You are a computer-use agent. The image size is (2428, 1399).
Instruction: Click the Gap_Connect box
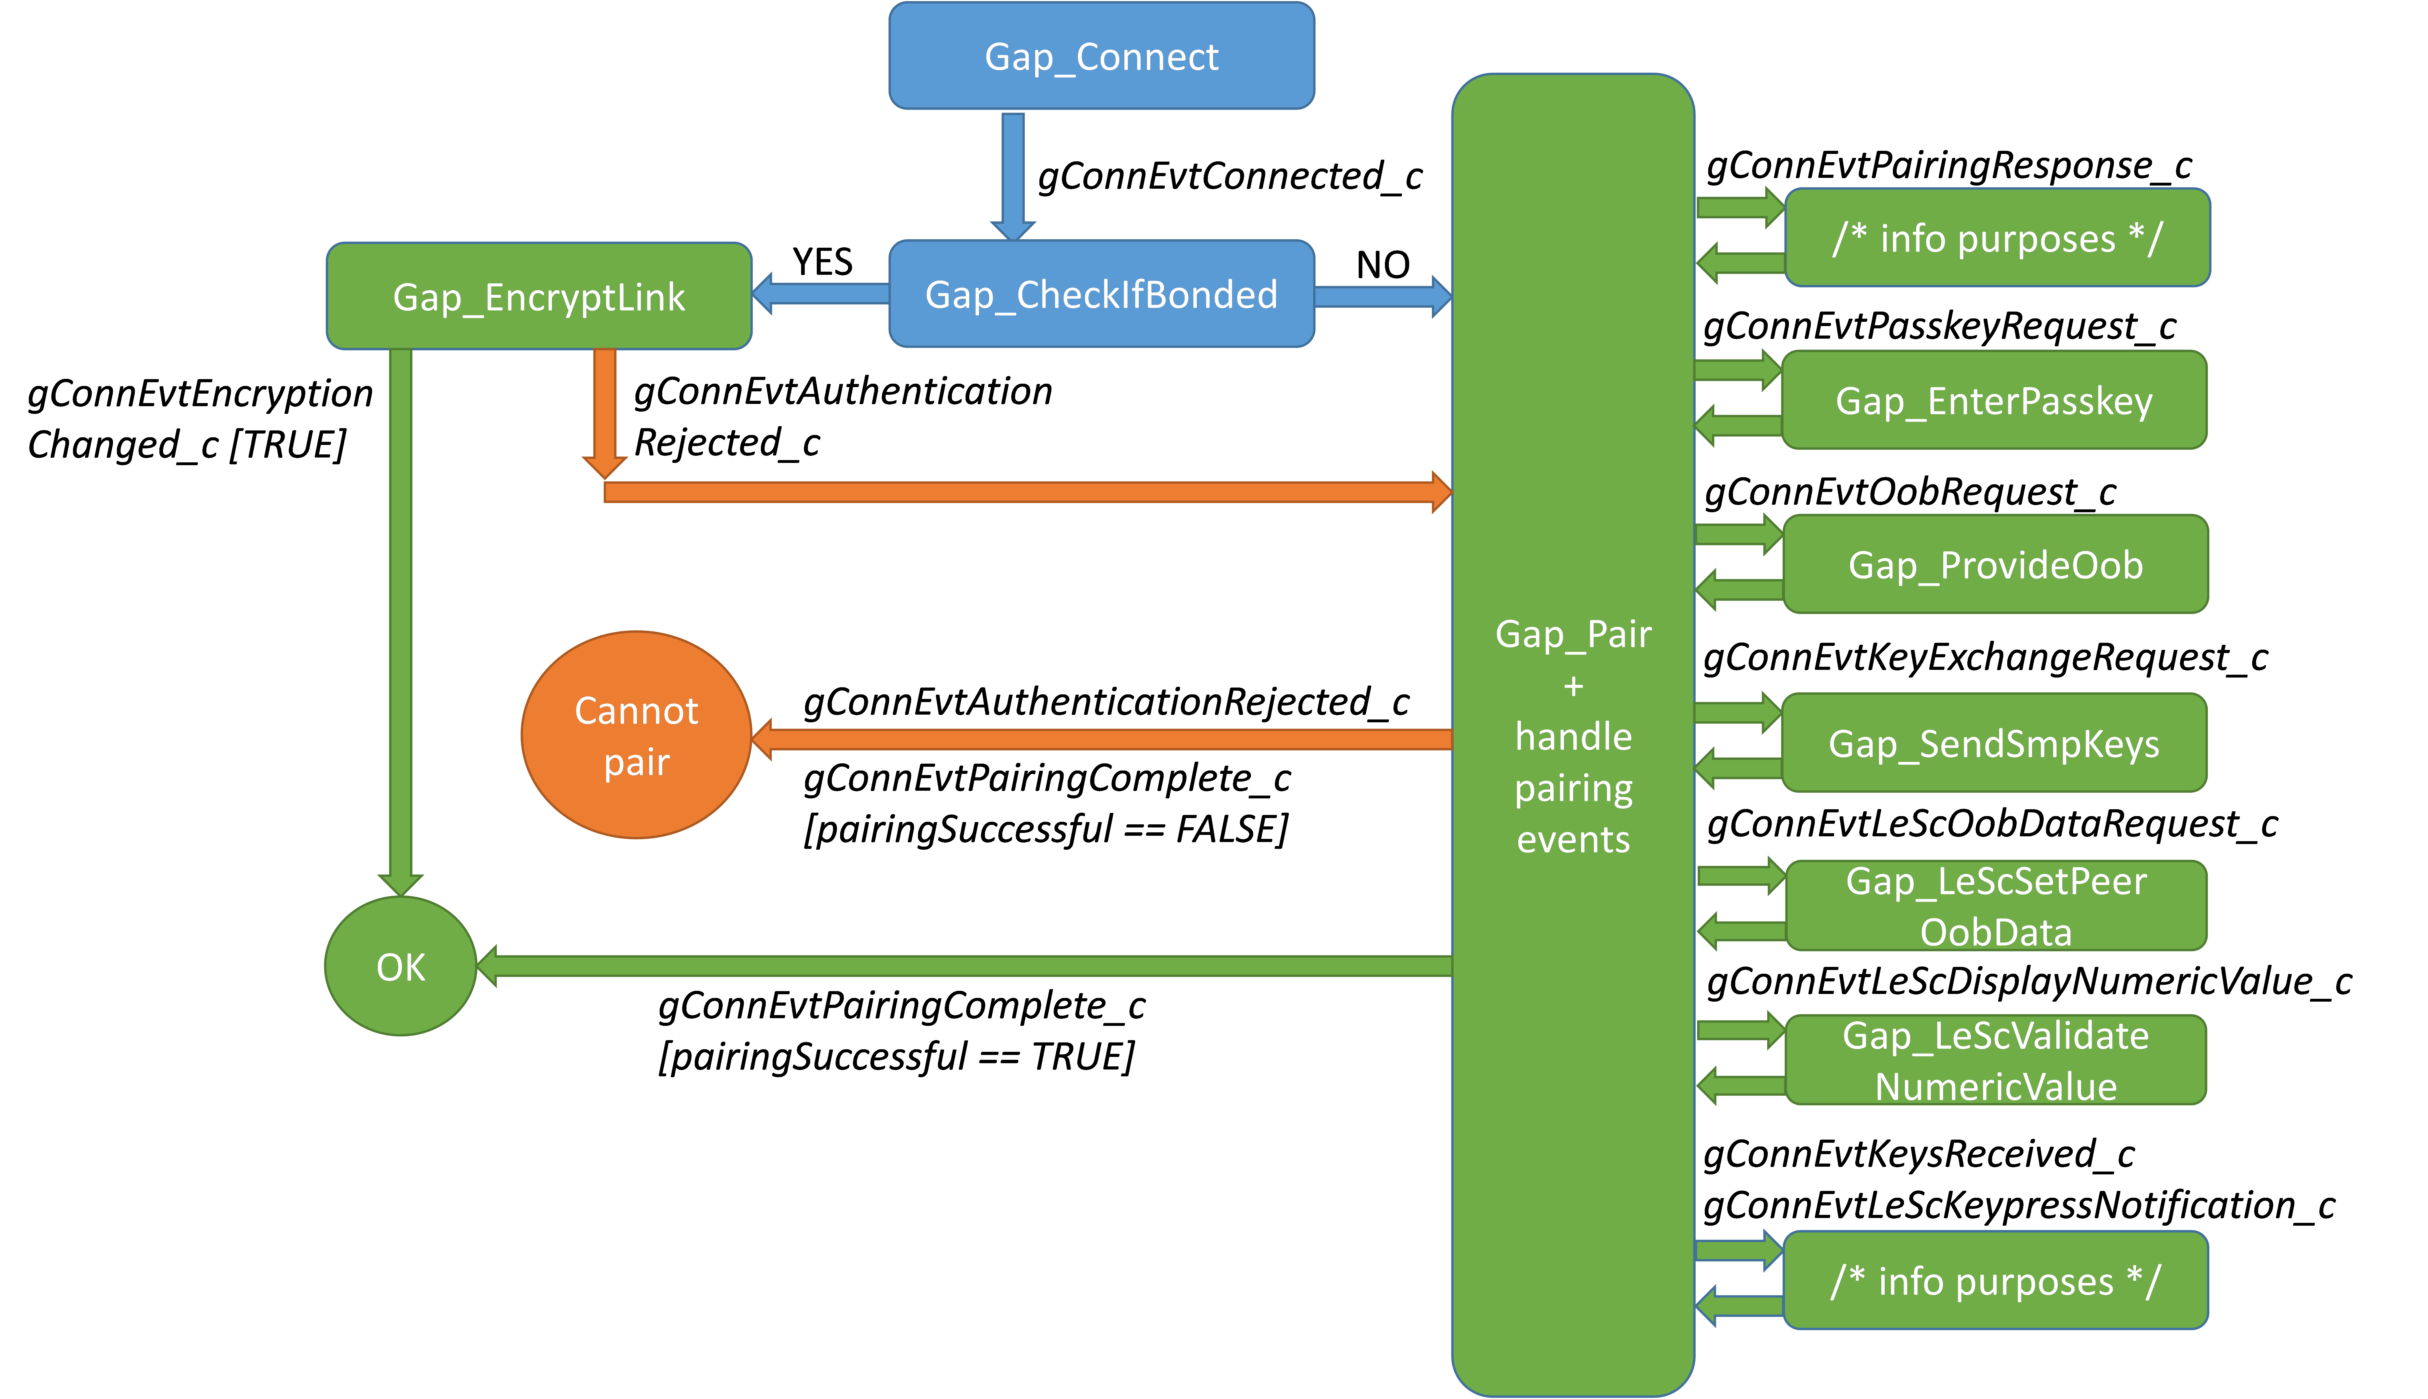click(x=1101, y=56)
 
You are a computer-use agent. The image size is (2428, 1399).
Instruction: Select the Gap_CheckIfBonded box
click(x=1101, y=294)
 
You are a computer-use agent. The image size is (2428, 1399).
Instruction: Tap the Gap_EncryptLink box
click(x=539, y=296)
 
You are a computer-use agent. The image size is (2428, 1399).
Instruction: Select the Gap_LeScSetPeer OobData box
click(x=1996, y=906)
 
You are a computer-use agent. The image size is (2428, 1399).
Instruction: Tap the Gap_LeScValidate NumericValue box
click(x=1996, y=1061)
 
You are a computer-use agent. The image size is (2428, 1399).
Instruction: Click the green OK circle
click(x=401, y=967)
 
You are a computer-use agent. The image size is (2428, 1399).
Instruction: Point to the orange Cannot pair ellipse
click(x=636, y=735)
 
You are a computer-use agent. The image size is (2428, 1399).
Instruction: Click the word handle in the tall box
click(x=1573, y=737)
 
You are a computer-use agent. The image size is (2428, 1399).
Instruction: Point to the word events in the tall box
click(x=1573, y=840)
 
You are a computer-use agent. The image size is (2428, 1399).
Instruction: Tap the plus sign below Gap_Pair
click(x=1573, y=686)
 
